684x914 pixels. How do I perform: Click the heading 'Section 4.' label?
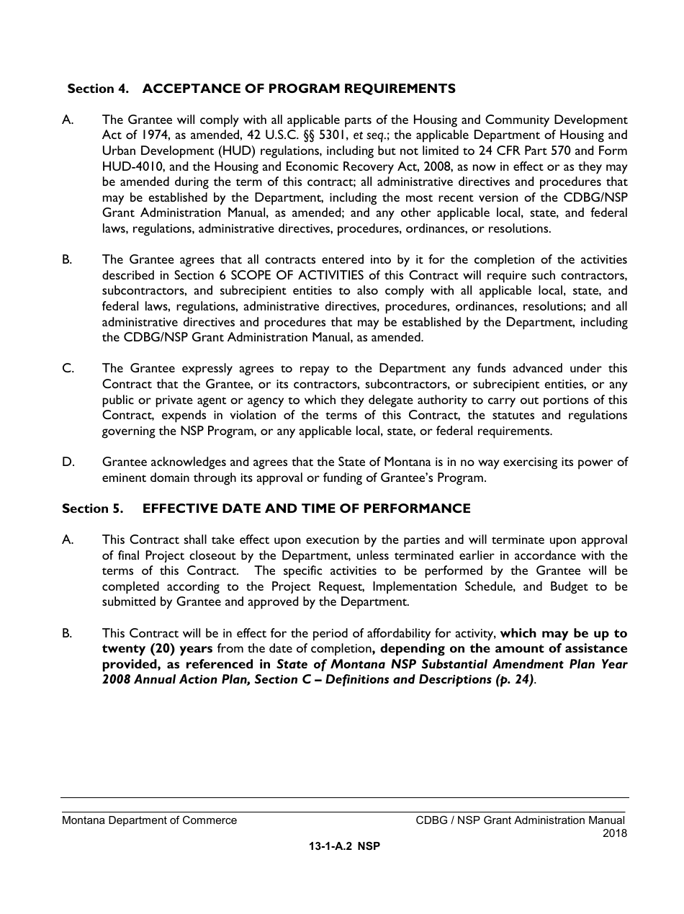coord(98,89)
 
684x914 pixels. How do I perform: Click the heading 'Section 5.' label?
coord(92,508)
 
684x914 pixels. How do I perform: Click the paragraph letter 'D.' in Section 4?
coord(68,462)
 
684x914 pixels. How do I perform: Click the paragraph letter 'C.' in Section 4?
coord(68,369)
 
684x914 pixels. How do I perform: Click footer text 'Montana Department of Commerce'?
coord(149,820)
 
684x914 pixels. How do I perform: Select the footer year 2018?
coord(615,833)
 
